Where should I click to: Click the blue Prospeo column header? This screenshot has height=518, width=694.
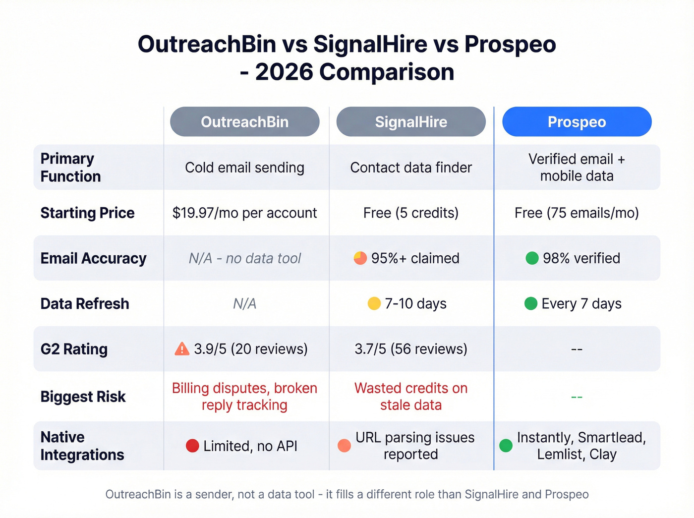coord(577,122)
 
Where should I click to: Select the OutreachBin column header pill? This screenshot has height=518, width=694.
coord(244,122)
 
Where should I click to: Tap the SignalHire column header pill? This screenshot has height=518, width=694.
coord(410,122)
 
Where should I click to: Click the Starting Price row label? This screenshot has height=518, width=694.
coord(87,213)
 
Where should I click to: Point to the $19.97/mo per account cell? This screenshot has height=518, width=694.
coord(244,213)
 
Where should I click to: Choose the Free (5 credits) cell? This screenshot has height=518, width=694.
coord(410,213)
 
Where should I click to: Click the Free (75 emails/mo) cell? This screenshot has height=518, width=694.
coord(577,213)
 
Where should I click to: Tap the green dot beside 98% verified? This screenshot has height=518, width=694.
coord(532,258)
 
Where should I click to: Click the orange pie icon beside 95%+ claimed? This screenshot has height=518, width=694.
coord(360,258)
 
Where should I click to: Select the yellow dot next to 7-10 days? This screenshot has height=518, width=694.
coord(374,303)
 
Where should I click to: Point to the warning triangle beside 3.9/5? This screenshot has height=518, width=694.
coord(182,349)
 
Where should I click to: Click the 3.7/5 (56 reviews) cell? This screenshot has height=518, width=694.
coord(410,349)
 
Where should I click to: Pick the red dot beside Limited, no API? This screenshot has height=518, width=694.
coord(192,446)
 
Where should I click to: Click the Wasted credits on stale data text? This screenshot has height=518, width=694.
coord(410,397)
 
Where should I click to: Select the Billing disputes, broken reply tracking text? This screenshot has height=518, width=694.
coord(244,397)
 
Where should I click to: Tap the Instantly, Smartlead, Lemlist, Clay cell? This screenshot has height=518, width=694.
coord(581,446)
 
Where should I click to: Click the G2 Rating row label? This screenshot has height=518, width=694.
coord(74,349)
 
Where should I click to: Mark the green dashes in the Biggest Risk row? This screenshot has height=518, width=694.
coord(577,397)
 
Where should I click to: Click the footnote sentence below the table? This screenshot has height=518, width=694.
coord(347,494)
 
